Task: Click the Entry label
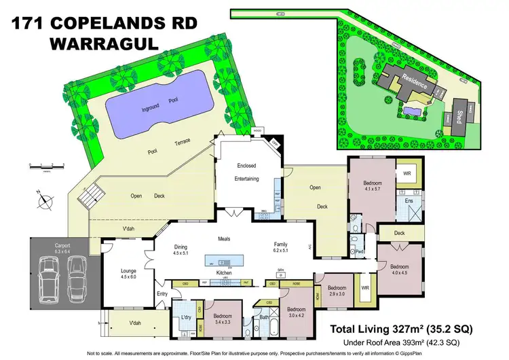coord(162,293)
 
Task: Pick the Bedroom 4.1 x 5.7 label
coord(372,187)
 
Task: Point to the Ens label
coord(410,201)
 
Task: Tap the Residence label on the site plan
coord(413,85)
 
